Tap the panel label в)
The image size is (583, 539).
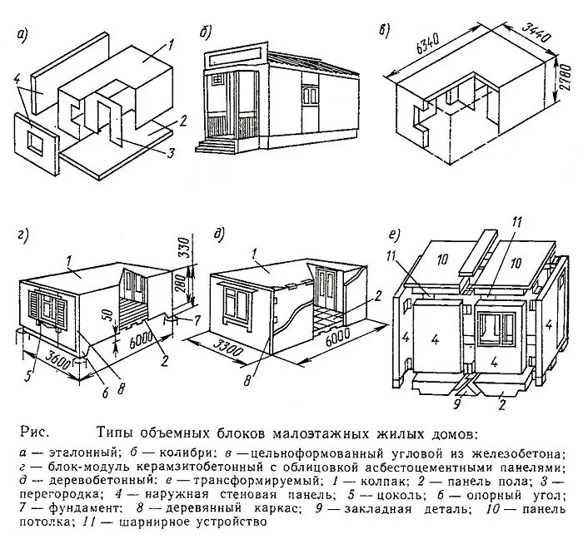point(383,30)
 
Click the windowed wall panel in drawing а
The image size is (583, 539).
point(36,136)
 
